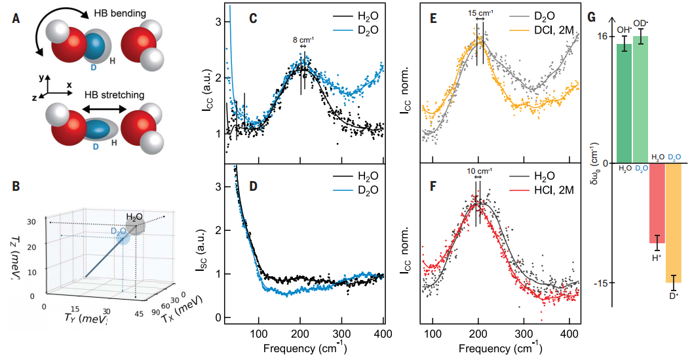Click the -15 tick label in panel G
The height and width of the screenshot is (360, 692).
point(600,283)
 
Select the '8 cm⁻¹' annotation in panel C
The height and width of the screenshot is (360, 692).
point(303,39)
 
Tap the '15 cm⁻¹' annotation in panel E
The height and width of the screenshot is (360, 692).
point(481,12)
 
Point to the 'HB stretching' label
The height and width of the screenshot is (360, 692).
point(114,95)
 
